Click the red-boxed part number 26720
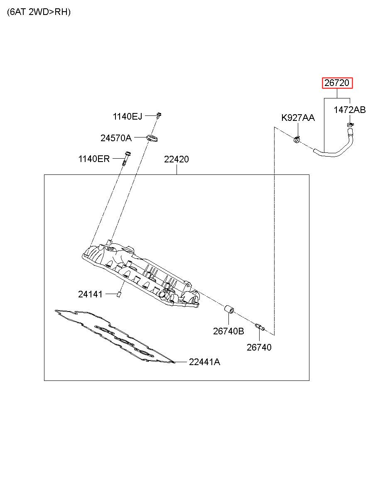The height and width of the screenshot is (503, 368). (337, 83)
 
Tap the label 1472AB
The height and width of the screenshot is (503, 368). (349, 110)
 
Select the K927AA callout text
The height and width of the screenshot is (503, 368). (298, 118)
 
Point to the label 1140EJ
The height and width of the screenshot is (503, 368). (128, 117)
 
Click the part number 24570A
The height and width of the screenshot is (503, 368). (116, 138)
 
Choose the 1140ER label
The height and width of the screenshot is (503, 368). (94, 159)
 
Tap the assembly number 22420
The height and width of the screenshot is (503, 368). (176, 159)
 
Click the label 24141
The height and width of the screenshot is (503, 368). (90, 294)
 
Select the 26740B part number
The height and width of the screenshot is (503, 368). (228, 331)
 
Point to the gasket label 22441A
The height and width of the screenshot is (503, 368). (204, 362)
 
